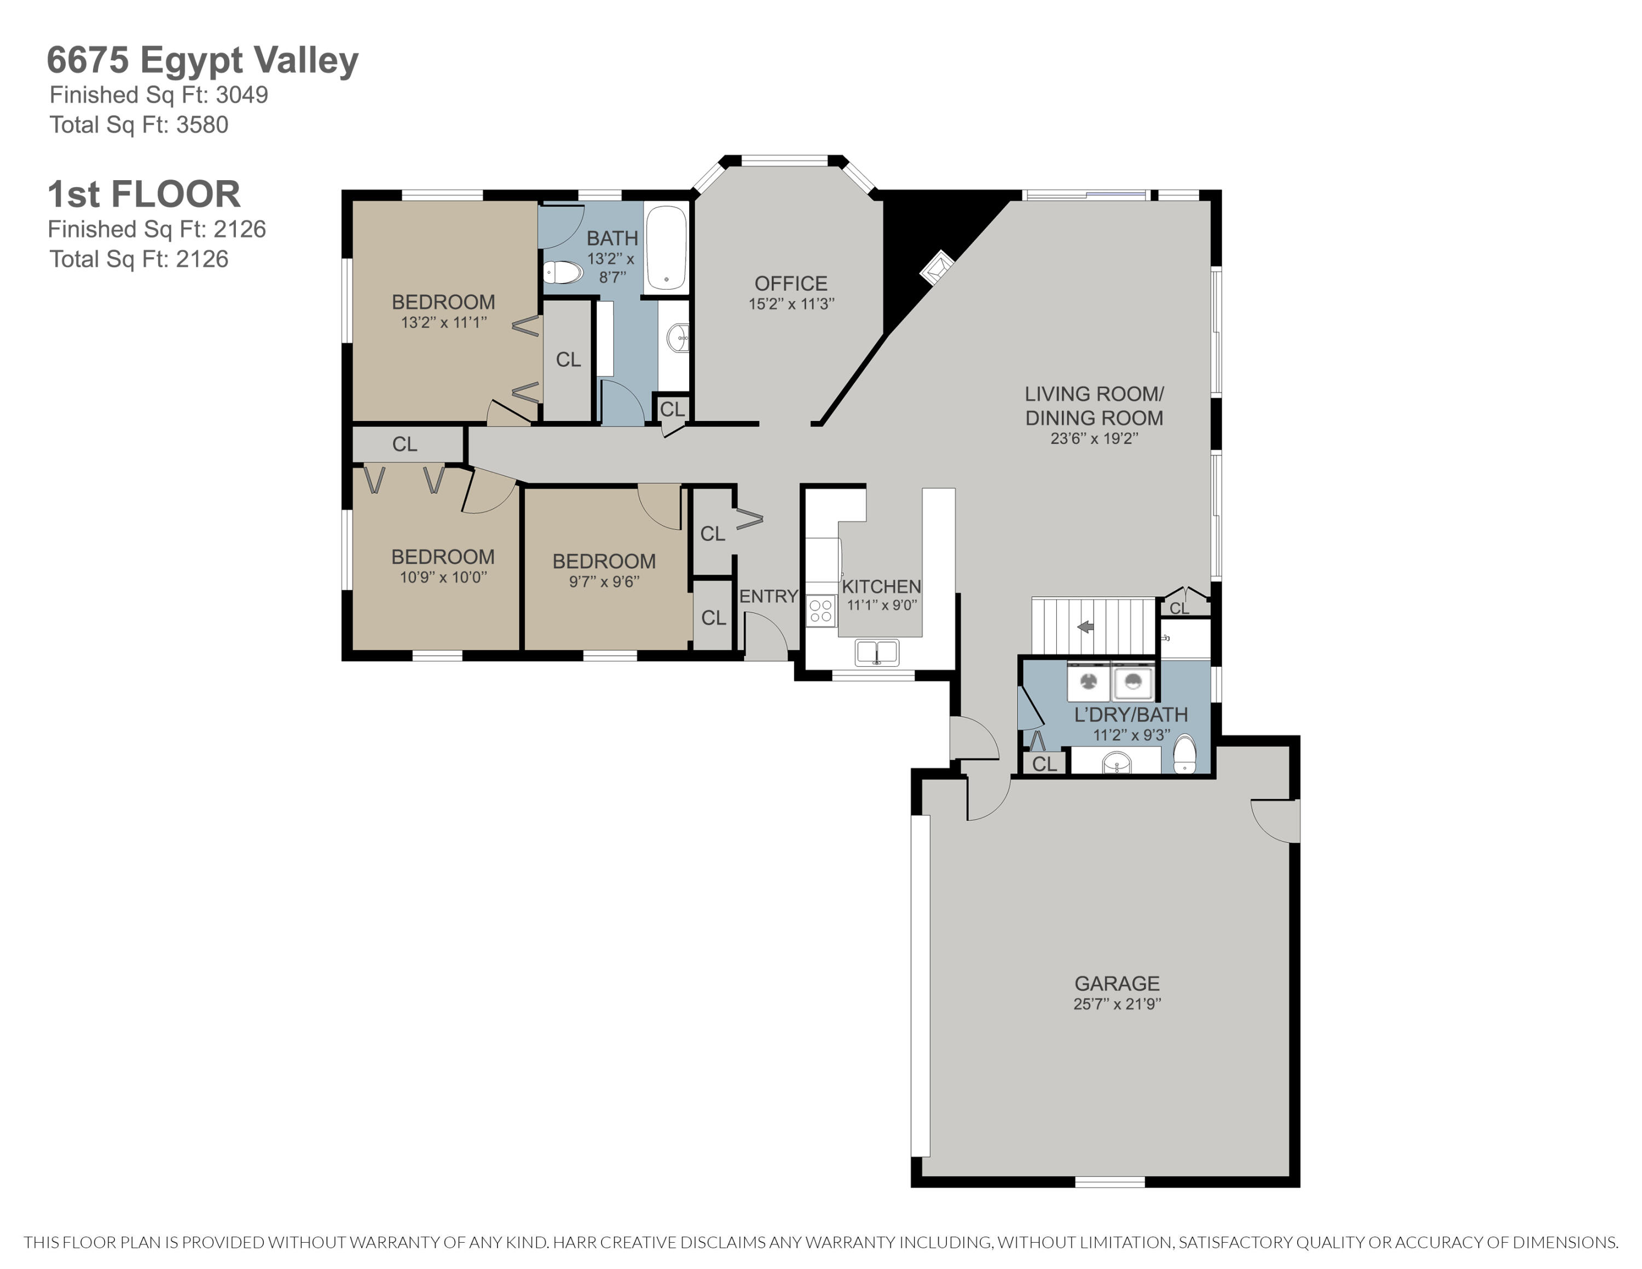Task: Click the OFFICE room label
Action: [791, 284]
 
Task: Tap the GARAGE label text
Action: [1117, 983]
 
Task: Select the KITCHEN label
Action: [881, 586]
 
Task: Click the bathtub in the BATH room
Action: [666, 248]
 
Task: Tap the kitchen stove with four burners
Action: [821, 610]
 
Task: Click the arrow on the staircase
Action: [1086, 626]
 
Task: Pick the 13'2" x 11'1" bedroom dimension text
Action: [443, 322]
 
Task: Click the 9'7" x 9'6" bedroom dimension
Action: [604, 581]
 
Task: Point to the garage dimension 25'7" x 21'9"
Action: [1117, 1003]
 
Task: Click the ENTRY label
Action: [768, 596]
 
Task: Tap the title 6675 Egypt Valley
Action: [203, 61]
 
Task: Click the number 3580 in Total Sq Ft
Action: [203, 125]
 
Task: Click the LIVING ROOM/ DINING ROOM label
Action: [1094, 406]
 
